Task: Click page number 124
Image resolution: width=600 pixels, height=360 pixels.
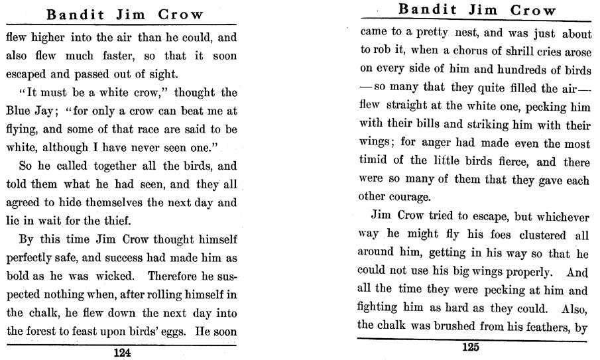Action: pyautogui.click(x=122, y=353)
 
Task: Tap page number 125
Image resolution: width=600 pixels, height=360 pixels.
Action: pyautogui.click(x=470, y=346)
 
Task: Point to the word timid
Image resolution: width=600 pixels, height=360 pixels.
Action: pyautogui.click(x=375, y=160)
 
